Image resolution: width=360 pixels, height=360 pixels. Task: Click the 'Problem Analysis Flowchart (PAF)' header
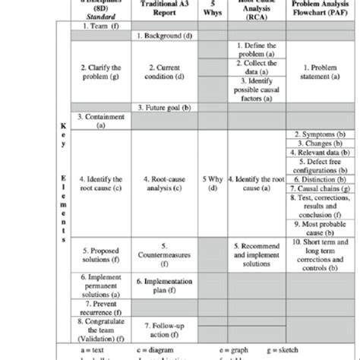318,10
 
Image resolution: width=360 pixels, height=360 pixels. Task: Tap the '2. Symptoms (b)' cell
318,134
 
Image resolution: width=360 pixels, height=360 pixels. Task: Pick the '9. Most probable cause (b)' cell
318,229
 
